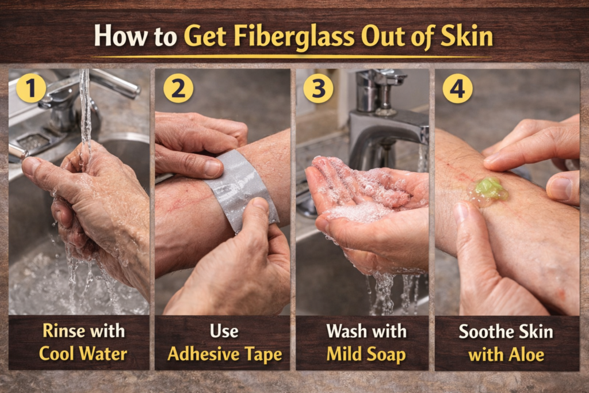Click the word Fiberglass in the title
click(x=295, y=37)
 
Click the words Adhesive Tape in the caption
click(x=224, y=353)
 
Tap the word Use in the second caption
click(x=224, y=331)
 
